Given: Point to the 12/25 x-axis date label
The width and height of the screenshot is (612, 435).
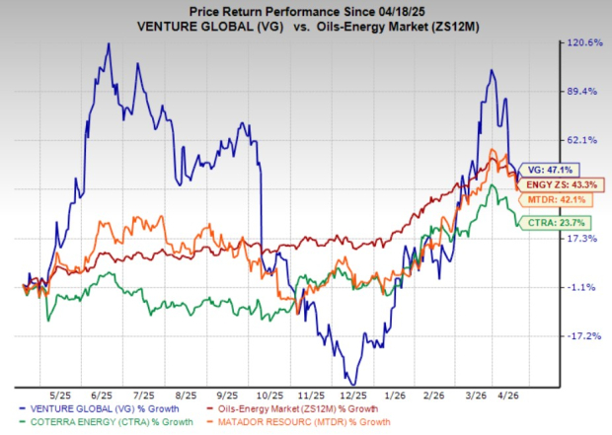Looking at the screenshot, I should point(350,392).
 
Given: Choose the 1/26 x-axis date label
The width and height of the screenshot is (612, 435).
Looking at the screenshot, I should point(394,392).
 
